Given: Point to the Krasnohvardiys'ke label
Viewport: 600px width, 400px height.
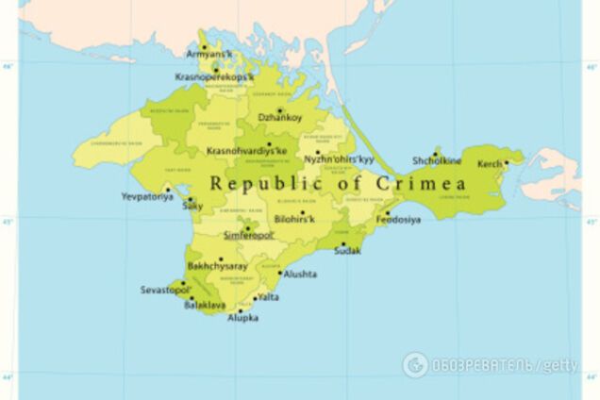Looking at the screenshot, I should tap(247, 151).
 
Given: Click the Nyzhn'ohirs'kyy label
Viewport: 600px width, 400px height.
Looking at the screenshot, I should tap(339, 159).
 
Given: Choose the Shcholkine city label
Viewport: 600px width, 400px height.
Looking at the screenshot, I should tap(437, 161).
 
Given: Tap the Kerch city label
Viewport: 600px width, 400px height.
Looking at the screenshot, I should tap(491, 164).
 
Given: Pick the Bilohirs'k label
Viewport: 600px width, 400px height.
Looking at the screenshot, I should tap(294, 219).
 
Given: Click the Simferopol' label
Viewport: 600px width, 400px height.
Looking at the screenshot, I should tap(249, 235).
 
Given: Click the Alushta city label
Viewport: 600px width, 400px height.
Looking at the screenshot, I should tap(301, 275).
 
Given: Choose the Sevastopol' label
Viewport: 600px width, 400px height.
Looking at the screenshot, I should tap(167, 290).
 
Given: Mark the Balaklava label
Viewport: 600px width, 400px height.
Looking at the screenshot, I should tap(206, 306).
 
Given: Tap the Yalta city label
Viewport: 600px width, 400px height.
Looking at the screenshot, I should tap(268, 297).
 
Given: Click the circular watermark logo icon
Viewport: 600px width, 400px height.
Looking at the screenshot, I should tap(415, 364).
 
